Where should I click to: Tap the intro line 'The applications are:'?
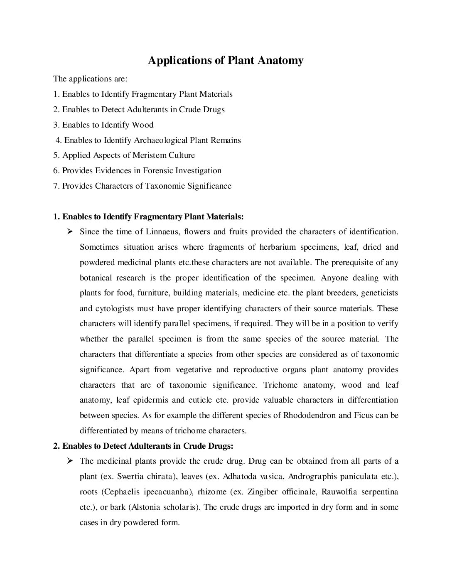tap(90, 79)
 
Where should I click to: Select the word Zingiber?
tap(265, 492)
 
